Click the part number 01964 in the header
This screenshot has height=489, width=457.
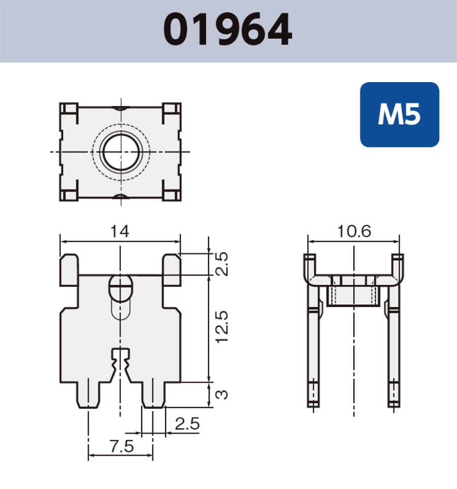tap(228, 30)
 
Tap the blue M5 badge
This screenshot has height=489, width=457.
tap(399, 115)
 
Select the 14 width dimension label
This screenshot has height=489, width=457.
tap(120, 231)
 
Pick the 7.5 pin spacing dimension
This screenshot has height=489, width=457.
tap(121, 446)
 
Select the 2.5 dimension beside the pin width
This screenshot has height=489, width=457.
tap(186, 424)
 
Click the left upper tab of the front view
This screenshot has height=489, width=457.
tap(69, 269)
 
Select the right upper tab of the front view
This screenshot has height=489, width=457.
tap(172, 269)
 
